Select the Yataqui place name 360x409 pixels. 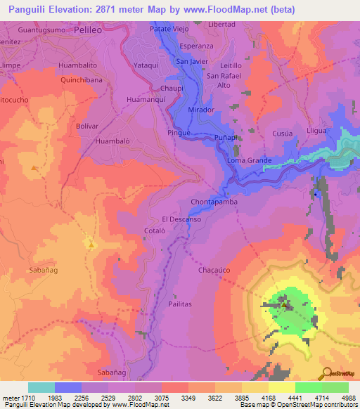[146, 65]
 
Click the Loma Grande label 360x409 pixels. [249, 161]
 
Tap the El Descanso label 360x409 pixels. [181, 219]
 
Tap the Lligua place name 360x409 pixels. [318, 131]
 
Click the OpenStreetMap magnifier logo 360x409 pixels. [326, 373]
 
